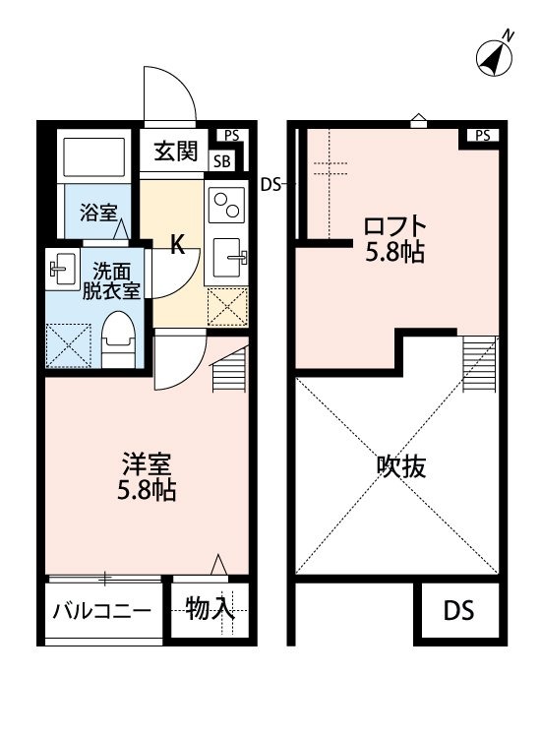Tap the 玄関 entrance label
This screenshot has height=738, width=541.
coord(176,152)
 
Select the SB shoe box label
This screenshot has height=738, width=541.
coord(221,161)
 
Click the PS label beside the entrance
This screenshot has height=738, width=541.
coord(231,136)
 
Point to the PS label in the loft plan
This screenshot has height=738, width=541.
coord(482,136)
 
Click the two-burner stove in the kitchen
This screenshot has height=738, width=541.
coord(227,206)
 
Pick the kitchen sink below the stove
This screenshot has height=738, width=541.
coord(228,258)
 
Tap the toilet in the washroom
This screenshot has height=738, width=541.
coord(119,338)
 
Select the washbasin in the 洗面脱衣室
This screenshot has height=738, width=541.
coord(62,270)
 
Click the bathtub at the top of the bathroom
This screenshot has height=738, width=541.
coord(93,156)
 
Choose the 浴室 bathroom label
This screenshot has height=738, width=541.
coord(98,213)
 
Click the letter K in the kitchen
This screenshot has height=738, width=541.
coord(176,245)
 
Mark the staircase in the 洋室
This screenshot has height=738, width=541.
coord(229,369)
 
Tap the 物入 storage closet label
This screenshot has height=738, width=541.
coord(210,609)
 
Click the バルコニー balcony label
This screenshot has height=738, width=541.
coord(101,611)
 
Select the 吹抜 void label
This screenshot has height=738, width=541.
coord(401,466)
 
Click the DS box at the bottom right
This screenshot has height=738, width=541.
coord(458,610)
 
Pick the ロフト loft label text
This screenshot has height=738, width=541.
coord(394,227)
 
